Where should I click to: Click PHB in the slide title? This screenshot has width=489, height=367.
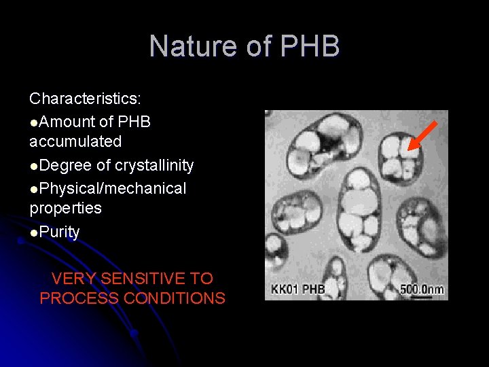310,47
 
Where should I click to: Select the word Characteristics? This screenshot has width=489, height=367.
85,99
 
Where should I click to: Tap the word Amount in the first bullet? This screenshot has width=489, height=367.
67,122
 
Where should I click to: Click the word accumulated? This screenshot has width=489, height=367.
75,141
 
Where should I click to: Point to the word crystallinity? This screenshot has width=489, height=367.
154,165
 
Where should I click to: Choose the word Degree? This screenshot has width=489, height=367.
67,165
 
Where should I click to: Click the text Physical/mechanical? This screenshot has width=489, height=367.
113,188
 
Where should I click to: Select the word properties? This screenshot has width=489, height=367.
65,208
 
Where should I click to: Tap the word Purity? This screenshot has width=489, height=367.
60,232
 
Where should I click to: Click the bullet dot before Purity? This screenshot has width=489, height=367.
34,233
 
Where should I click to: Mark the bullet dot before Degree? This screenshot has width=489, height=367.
34,167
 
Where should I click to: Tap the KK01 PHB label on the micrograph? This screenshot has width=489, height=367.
298,290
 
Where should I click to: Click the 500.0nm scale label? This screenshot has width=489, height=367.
422,289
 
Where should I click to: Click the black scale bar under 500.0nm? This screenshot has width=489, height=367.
422,296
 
